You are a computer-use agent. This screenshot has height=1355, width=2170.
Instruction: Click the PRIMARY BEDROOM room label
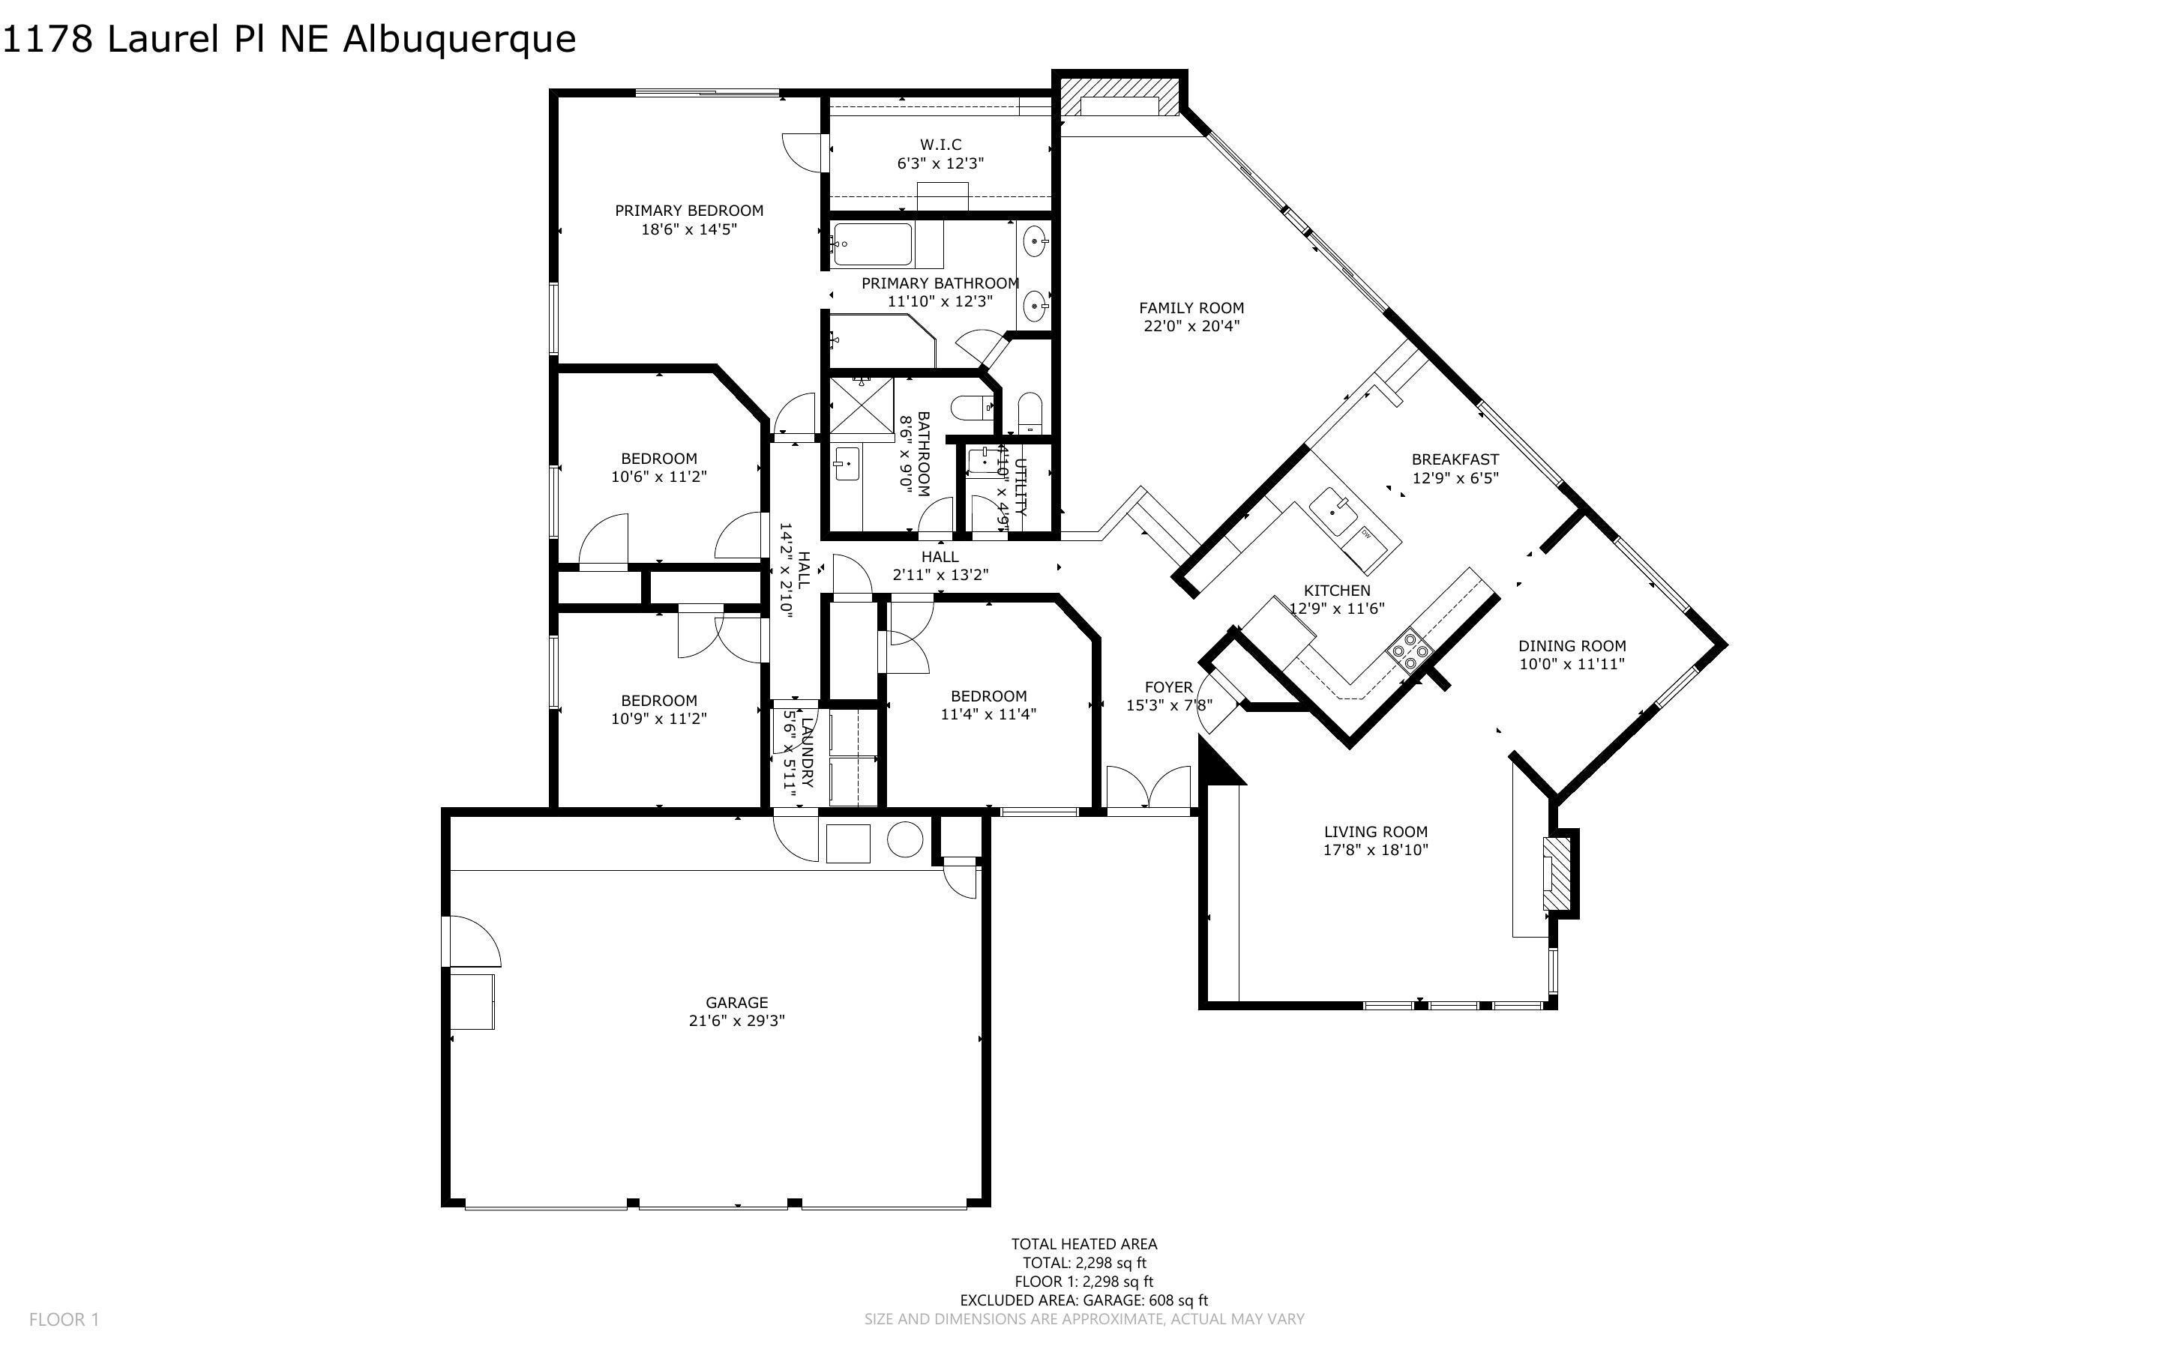pyautogui.click(x=688, y=211)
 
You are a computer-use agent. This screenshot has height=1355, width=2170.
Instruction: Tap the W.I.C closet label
pyautogui.click(x=940, y=145)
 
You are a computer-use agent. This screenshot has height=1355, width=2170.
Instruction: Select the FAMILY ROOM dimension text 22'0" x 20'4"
pyautogui.click(x=1191, y=326)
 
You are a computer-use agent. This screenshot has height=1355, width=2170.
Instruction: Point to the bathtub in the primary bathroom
pyautogui.click(x=872, y=244)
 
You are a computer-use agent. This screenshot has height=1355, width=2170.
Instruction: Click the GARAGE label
pyautogui.click(x=737, y=1002)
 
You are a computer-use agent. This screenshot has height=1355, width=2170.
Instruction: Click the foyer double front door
pyautogui.click(x=1148, y=788)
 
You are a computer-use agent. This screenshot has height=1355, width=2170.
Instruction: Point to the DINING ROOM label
pyautogui.click(x=1571, y=645)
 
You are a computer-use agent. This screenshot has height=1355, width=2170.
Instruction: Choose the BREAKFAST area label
pyautogui.click(x=1455, y=459)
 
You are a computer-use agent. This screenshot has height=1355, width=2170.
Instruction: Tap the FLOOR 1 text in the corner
pyautogui.click(x=64, y=1319)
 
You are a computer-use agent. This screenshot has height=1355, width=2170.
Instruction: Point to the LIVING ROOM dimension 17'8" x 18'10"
pyautogui.click(x=1375, y=850)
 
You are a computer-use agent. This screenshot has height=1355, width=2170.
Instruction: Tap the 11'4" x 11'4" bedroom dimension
pyautogui.click(x=988, y=714)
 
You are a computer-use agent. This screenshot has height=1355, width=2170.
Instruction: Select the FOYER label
pyautogui.click(x=1169, y=687)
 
